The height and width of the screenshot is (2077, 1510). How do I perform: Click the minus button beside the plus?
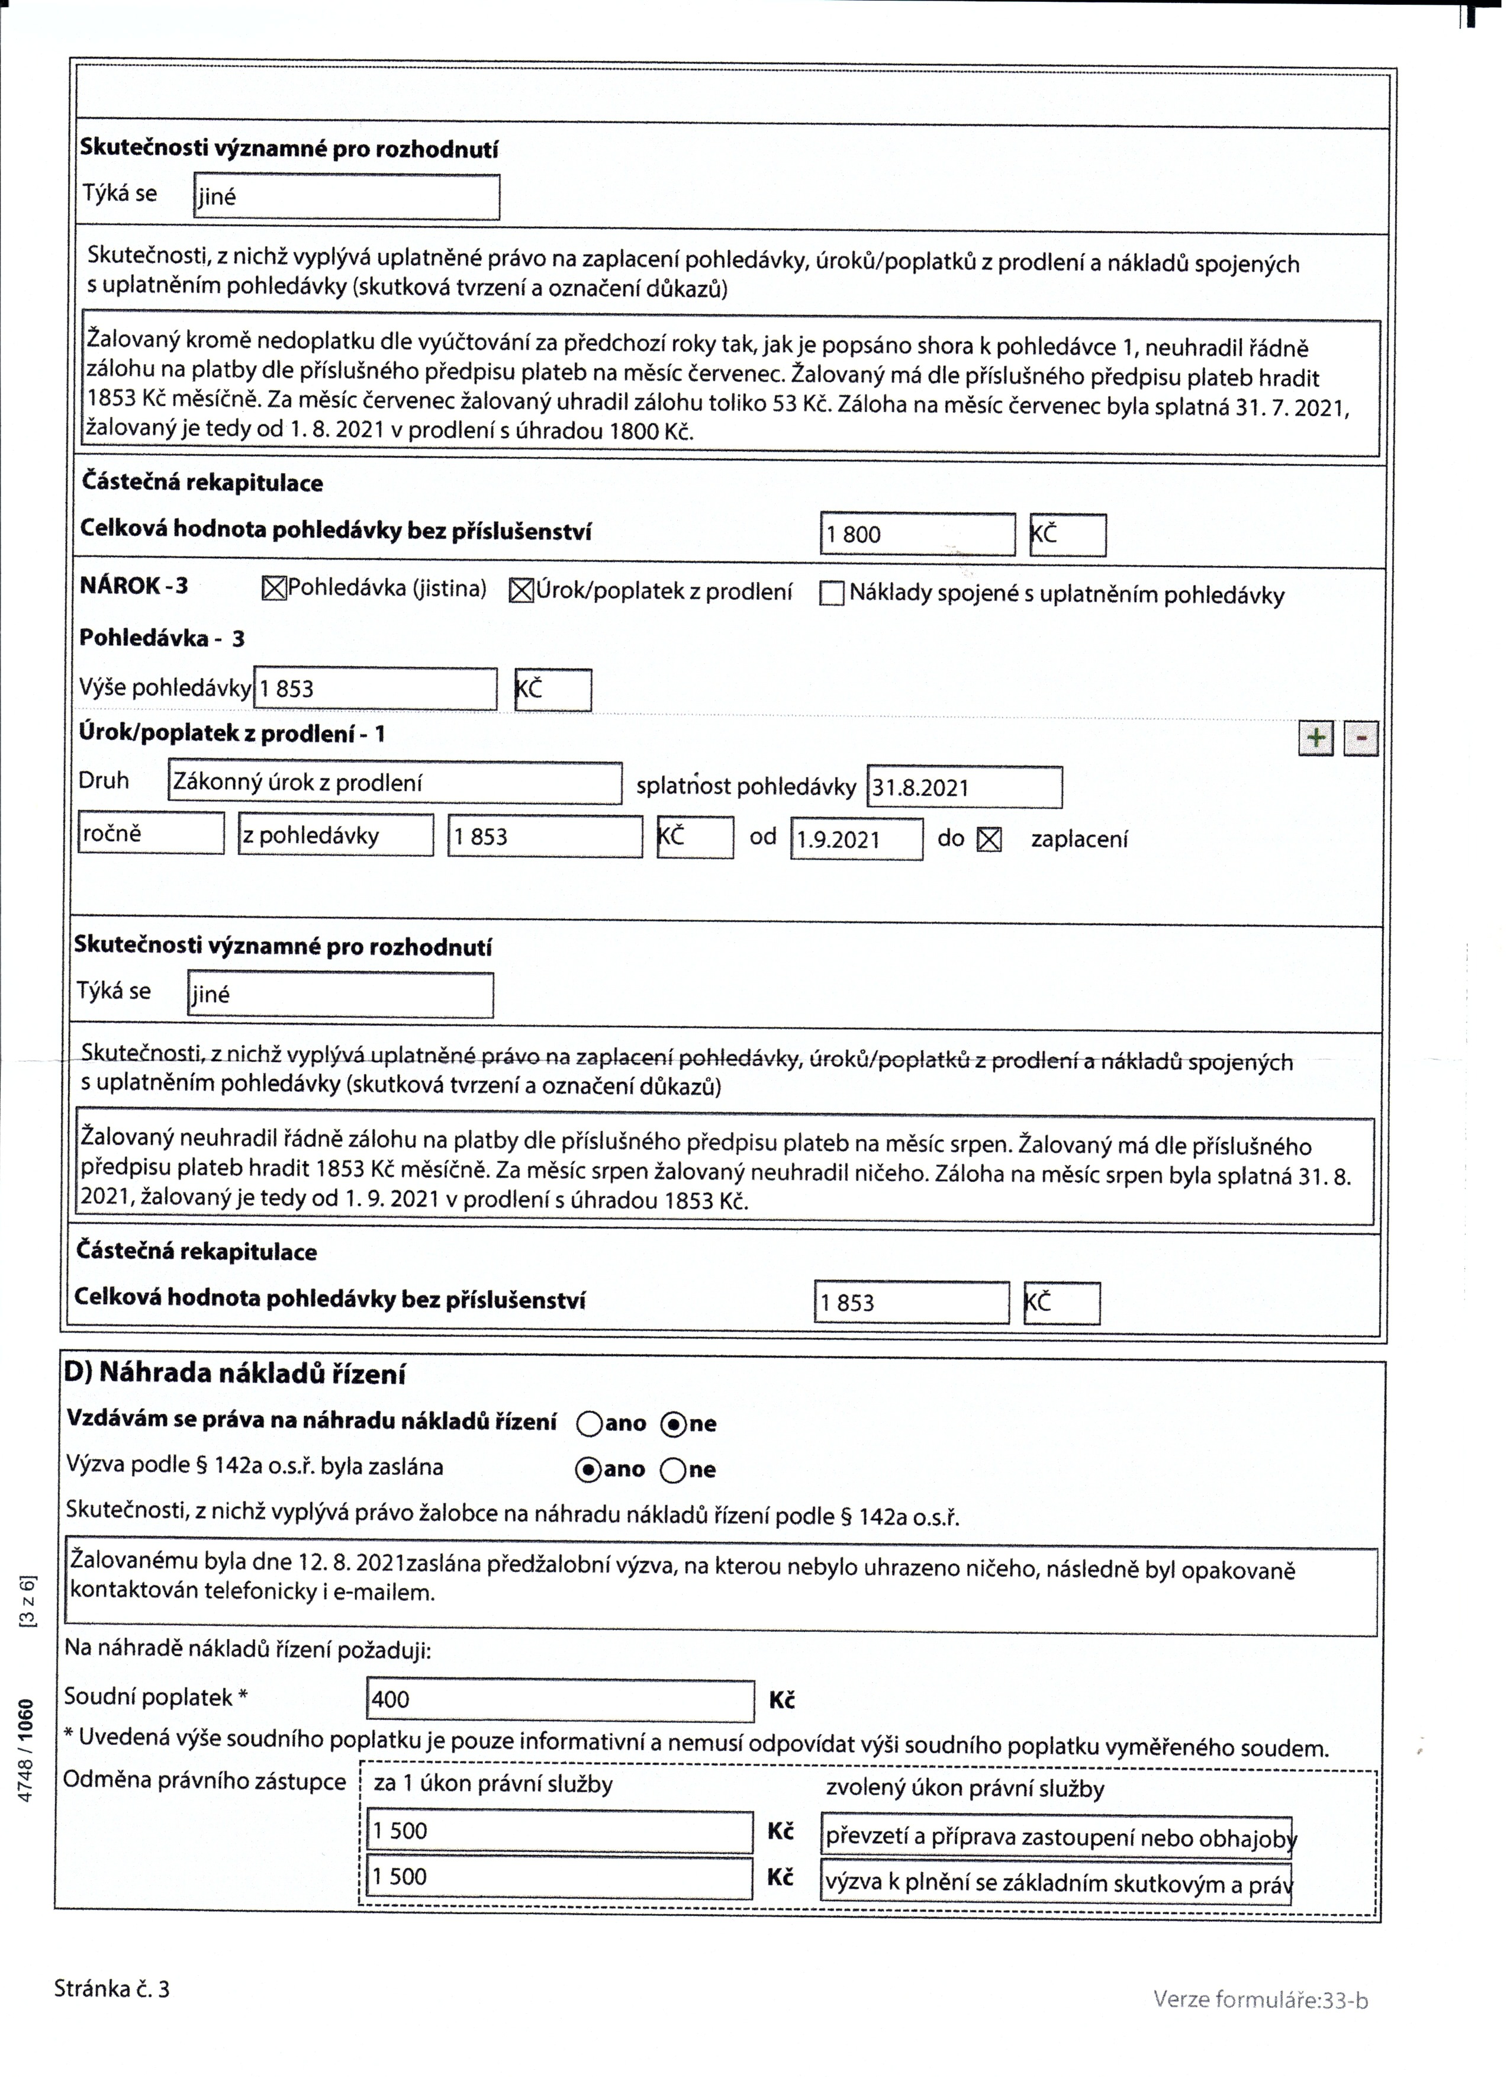(1361, 738)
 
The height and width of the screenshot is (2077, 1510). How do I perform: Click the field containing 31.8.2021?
(963, 787)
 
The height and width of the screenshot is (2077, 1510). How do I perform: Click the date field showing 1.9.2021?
(856, 840)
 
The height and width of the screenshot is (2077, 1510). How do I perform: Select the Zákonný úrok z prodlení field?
(395, 783)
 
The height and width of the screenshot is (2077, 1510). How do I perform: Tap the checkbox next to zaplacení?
(989, 840)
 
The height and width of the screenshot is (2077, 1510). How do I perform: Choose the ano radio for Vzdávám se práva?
(589, 1424)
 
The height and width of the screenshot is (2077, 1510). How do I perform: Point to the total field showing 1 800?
(917, 535)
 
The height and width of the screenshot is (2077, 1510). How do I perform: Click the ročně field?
(151, 834)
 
